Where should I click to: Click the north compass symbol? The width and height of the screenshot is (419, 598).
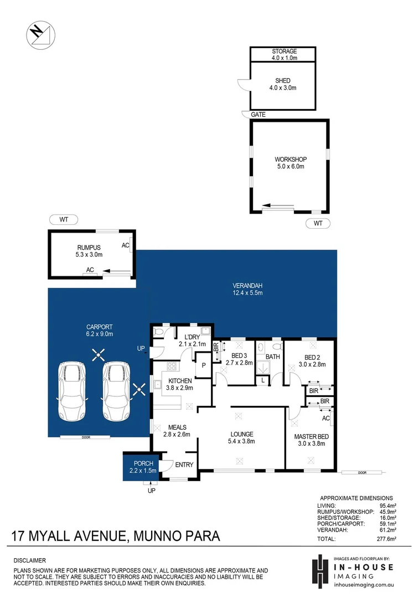point(40,34)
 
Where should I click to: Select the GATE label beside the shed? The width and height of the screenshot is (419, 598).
point(258,115)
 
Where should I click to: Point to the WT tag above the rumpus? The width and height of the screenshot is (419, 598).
point(64,219)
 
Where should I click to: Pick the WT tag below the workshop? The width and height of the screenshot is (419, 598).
point(318,223)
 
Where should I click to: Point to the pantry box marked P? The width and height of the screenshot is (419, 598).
point(203,365)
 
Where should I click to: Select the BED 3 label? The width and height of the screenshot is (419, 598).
point(239,356)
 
